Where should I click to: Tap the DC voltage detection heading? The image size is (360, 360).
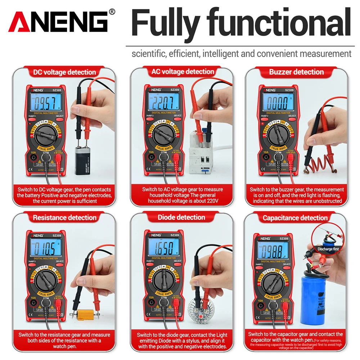(x=64, y=72)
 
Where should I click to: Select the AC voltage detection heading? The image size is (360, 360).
(x=183, y=72)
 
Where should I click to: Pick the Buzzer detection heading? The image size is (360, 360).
(x=296, y=72)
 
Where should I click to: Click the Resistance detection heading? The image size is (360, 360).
(x=64, y=217)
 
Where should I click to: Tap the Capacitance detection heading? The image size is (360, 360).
(x=295, y=218)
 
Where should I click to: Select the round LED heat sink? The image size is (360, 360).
(x=198, y=310)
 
